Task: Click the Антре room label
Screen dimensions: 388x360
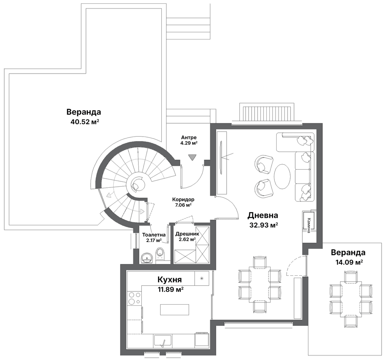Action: click(189, 137)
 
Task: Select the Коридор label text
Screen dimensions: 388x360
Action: click(183, 200)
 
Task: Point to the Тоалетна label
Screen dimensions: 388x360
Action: click(154, 235)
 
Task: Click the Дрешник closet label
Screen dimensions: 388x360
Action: click(187, 234)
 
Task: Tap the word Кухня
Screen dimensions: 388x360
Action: click(170, 280)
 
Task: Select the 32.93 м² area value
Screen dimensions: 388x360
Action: click(263, 225)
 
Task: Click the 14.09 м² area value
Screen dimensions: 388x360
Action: click(349, 262)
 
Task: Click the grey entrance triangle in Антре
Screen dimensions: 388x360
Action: click(192, 157)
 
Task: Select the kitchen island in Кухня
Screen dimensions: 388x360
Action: click(174, 310)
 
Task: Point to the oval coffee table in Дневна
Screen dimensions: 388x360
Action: click(282, 177)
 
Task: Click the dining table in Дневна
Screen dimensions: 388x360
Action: click(260, 284)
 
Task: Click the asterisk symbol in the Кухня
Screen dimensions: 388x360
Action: click(202, 279)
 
